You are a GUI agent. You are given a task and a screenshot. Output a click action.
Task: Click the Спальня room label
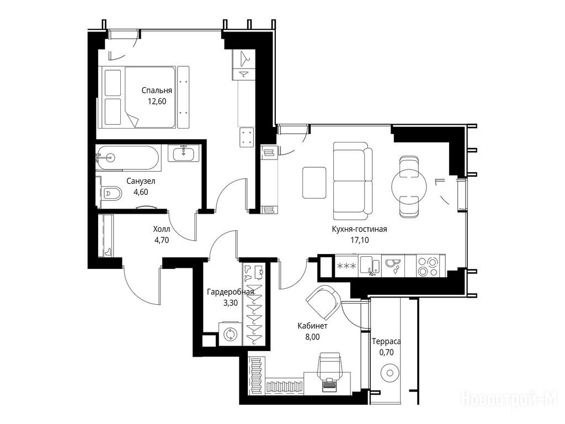pyautogui.click(x=157, y=91)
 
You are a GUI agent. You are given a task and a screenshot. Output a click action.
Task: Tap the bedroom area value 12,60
pyautogui.click(x=157, y=102)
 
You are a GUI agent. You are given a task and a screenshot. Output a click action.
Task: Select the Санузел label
pyautogui.click(x=141, y=181)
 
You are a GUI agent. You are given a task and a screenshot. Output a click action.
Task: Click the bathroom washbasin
pyautogui.click(x=184, y=153)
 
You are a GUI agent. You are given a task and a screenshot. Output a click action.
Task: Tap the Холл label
pyautogui.click(x=162, y=229)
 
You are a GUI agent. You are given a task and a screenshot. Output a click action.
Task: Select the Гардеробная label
pyautogui.click(x=231, y=291)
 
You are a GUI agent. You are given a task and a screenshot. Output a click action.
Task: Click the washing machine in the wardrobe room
pyautogui.click(x=230, y=334)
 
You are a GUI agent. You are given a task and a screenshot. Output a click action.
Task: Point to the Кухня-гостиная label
pyautogui.click(x=360, y=229)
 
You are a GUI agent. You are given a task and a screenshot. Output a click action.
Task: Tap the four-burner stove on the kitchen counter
pyautogui.click(x=427, y=266)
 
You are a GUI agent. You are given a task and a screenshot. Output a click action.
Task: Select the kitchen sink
pyautogui.click(x=370, y=266)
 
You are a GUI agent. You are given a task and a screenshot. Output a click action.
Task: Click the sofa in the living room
pyautogui.click(x=353, y=181)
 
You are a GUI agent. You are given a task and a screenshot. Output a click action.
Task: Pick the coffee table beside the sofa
pyautogui.click(x=315, y=182)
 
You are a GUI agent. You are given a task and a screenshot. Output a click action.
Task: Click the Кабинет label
pyautogui.click(x=312, y=326)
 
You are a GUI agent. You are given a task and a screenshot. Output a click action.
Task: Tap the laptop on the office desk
pyautogui.click(x=329, y=384)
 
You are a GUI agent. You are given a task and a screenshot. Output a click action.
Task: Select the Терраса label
pyautogui.click(x=386, y=341)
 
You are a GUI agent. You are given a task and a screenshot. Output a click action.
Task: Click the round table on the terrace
pyautogui.click(x=390, y=373)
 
